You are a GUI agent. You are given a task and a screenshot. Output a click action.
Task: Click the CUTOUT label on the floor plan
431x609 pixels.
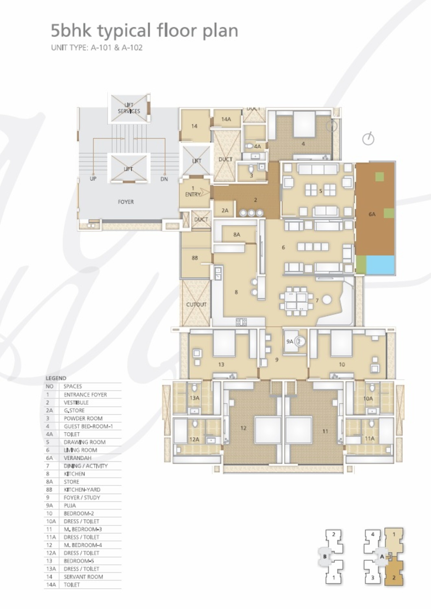tap(196, 304)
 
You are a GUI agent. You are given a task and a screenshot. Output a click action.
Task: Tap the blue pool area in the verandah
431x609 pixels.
tap(380, 265)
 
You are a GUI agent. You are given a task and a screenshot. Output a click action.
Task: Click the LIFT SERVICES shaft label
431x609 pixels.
tap(129, 108)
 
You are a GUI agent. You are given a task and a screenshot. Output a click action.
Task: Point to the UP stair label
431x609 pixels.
tap(93, 179)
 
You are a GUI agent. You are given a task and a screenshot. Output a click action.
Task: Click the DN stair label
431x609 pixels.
tap(164, 179)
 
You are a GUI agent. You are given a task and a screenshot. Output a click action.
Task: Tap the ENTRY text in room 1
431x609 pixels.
tap(193, 194)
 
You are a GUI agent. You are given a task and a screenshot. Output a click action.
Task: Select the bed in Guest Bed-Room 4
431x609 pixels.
tap(304, 124)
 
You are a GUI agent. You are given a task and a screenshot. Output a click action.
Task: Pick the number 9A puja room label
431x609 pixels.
tap(290, 342)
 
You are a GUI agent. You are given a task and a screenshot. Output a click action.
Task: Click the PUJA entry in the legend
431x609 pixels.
tap(70, 505)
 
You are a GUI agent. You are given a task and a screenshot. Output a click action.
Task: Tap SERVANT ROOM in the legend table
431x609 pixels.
tap(83, 577)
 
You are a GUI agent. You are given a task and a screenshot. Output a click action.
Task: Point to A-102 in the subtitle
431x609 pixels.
tap(132, 48)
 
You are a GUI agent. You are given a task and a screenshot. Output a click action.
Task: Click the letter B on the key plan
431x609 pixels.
tap(324, 556)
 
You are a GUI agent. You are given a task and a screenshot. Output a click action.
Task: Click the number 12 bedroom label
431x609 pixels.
tap(243, 428)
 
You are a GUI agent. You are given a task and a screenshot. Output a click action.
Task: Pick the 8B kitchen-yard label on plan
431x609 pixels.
tap(195, 258)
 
